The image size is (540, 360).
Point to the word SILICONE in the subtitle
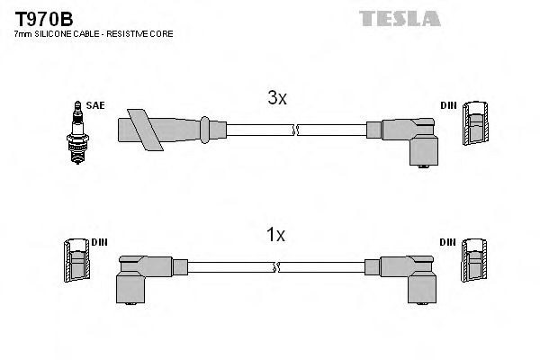(58, 34)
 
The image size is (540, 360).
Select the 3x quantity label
(276, 100)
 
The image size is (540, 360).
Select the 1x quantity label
(276, 236)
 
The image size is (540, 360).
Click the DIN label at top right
(447, 106)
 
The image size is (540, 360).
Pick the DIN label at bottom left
(98, 242)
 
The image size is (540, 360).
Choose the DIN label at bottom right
(447, 242)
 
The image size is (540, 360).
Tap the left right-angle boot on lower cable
(143, 274)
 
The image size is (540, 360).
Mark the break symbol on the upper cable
(294, 131)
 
